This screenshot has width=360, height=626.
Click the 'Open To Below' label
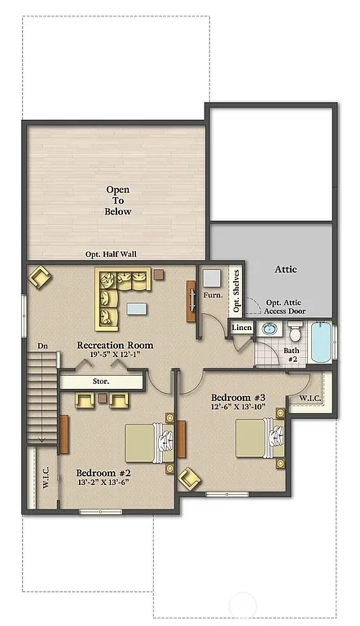[117, 201]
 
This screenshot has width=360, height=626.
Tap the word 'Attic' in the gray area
[285, 269]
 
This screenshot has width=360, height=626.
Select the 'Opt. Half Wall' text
[111, 254]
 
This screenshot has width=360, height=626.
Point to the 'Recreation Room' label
[115, 346]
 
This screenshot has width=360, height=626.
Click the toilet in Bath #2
[295, 333]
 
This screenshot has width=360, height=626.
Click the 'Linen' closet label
[242, 328]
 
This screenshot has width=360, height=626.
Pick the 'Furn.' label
[213, 295]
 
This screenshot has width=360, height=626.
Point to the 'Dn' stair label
[42, 346]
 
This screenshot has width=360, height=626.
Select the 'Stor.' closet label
[99, 381]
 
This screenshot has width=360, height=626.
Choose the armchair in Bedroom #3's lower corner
[190, 478]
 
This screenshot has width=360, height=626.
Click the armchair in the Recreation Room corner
[39, 279]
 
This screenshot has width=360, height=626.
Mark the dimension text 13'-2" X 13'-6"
[103, 483]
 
